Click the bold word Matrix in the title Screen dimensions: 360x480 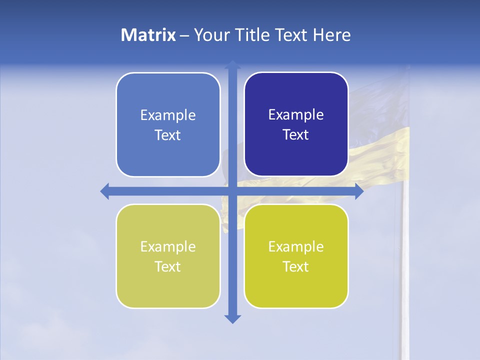[x=148, y=35]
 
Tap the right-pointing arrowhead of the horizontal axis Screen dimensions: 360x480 [x=359, y=191]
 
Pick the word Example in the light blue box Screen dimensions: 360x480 [x=168, y=115]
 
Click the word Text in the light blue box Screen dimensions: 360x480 [x=168, y=135]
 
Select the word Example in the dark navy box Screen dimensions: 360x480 [x=296, y=115]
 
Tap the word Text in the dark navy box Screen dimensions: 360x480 [x=296, y=135]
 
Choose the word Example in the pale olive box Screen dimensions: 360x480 [x=168, y=247]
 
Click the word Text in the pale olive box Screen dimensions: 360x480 [x=168, y=267]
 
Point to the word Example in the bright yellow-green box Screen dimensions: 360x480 [x=296, y=247]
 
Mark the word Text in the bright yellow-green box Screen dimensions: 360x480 [x=296, y=267]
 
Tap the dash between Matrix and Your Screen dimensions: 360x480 [x=184, y=35]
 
